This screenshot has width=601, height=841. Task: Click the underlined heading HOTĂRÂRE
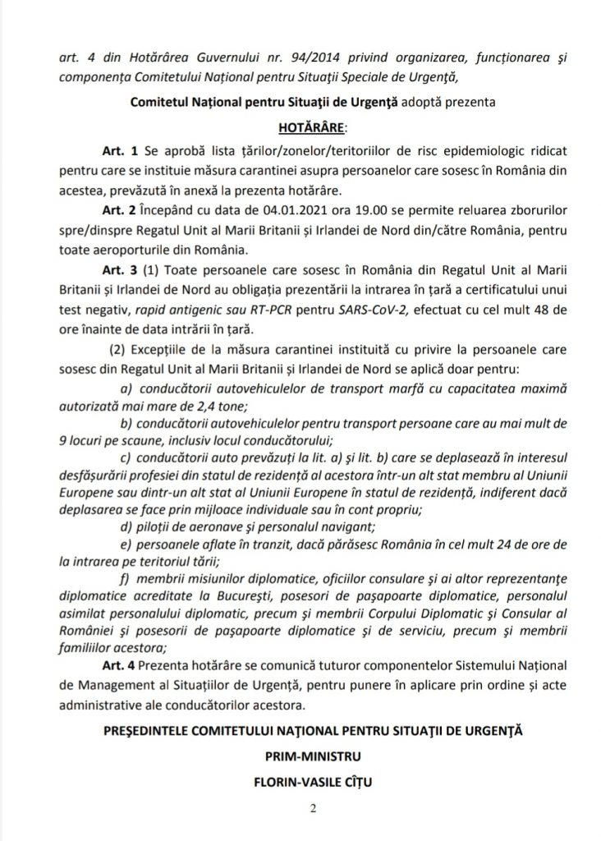pyautogui.click(x=299, y=128)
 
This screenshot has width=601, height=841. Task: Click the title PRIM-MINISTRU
pyautogui.click(x=300, y=751)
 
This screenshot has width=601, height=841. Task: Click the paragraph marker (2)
pyautogui.click(x=121, y=341)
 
